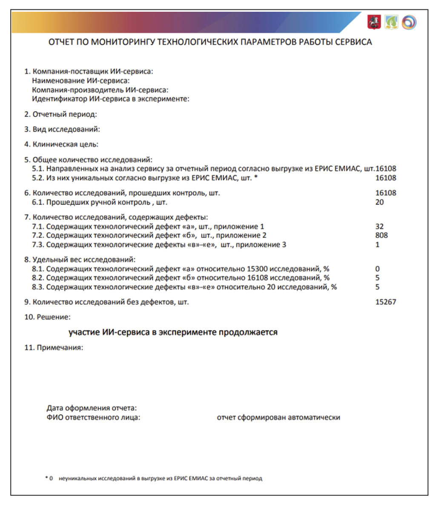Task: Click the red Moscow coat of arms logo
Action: point(374,22)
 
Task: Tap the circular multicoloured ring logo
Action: point(409,22)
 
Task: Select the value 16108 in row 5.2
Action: point(386,178)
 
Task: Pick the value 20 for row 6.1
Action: point(379,202)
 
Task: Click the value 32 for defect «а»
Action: point(379,226)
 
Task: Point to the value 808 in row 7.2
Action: point(381,235)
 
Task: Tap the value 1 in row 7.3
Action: point(378,245)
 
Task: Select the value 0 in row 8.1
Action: point(378,269)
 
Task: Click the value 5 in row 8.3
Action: point(378,287)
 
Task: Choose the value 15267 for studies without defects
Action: point(386,302)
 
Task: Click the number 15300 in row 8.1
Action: point(257,269)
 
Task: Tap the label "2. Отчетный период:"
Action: point(60,114)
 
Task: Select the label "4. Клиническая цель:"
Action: point(61,144)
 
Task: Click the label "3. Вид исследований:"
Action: point(62,129)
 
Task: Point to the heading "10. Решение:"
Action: point(47,317)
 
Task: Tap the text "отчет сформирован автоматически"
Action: point(278,417)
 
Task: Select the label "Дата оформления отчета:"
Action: point(92,408)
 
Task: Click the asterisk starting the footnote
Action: point(46,478)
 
